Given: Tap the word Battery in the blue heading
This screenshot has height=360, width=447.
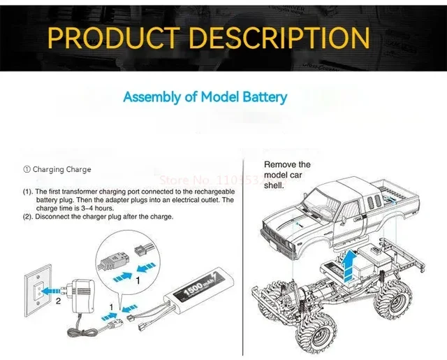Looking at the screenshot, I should (263, 96).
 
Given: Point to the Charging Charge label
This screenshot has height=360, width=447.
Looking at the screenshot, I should (57, 169).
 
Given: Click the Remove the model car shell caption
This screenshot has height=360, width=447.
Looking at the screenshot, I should (287, 175).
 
